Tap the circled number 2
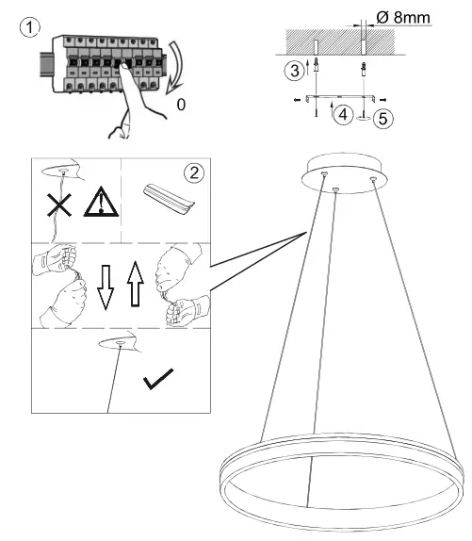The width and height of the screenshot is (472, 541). coord(194,173)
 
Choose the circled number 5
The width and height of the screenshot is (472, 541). coord(382,118)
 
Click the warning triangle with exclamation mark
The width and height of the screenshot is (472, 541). coord(95,203)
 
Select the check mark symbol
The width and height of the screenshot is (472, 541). coord(159,381)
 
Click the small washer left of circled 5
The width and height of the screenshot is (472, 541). coord(362,118)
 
